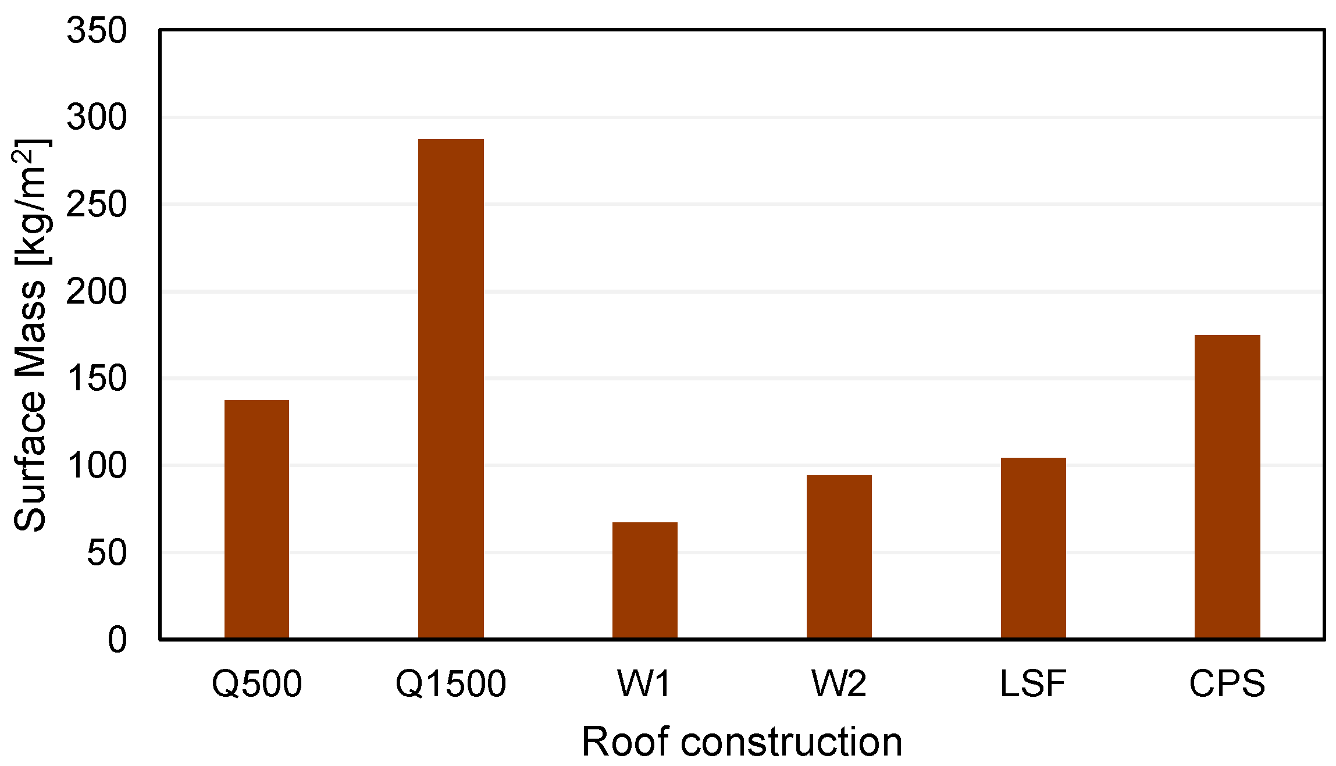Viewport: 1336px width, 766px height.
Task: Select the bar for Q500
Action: tap(256, 519)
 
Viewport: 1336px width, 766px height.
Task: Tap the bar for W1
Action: tap(644, 580)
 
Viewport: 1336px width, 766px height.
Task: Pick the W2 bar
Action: tap(839, 557)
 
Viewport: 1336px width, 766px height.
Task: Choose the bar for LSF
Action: tap(1033, 548)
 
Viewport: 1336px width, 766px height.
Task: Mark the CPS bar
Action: tap(1227, 487)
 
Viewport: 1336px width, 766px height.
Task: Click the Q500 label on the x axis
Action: tap(256, 683)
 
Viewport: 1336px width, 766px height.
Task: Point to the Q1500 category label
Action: tap(451, 683)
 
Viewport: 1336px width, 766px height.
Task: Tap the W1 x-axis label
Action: tap(644, 683)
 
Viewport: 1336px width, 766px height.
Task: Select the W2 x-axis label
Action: tap(839, 683)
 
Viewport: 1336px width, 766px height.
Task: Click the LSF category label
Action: tap(1033, 683)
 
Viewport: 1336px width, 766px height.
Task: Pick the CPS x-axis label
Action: tap(1227, 683)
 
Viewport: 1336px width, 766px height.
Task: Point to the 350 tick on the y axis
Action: tap(97, 30)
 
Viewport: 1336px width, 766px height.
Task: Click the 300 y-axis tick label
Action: tap(97, 117)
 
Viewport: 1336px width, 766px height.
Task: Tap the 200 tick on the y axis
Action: tap(97, 291)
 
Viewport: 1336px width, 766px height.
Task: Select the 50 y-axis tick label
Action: tap(107, 553)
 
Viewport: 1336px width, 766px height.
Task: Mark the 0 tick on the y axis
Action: tap(117, 640)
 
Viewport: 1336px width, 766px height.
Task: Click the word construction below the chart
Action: tap(791, 742)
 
